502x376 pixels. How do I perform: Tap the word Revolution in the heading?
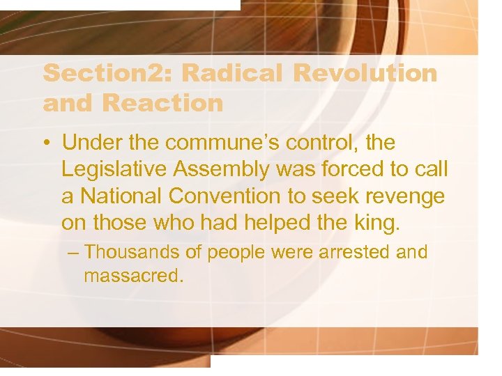(366, 73)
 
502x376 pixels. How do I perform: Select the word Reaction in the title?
(162, 103)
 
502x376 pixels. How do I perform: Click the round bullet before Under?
(46, 143)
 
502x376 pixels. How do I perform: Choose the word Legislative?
(114, 170)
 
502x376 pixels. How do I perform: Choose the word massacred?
(132, 276)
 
